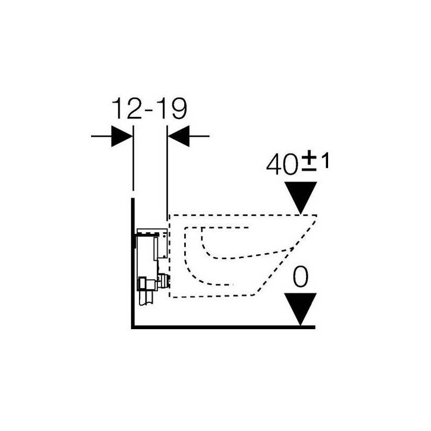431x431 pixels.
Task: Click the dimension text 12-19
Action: click(x=149, y=109)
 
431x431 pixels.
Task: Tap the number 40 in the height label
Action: click(x=282, y=165)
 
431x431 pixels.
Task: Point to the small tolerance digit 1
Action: click(x=325, y=161)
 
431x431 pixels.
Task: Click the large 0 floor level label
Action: click(x=301, y=277)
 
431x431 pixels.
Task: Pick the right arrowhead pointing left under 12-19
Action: click(x=179, y=136)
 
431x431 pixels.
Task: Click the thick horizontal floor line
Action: click(x=223, y=327)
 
